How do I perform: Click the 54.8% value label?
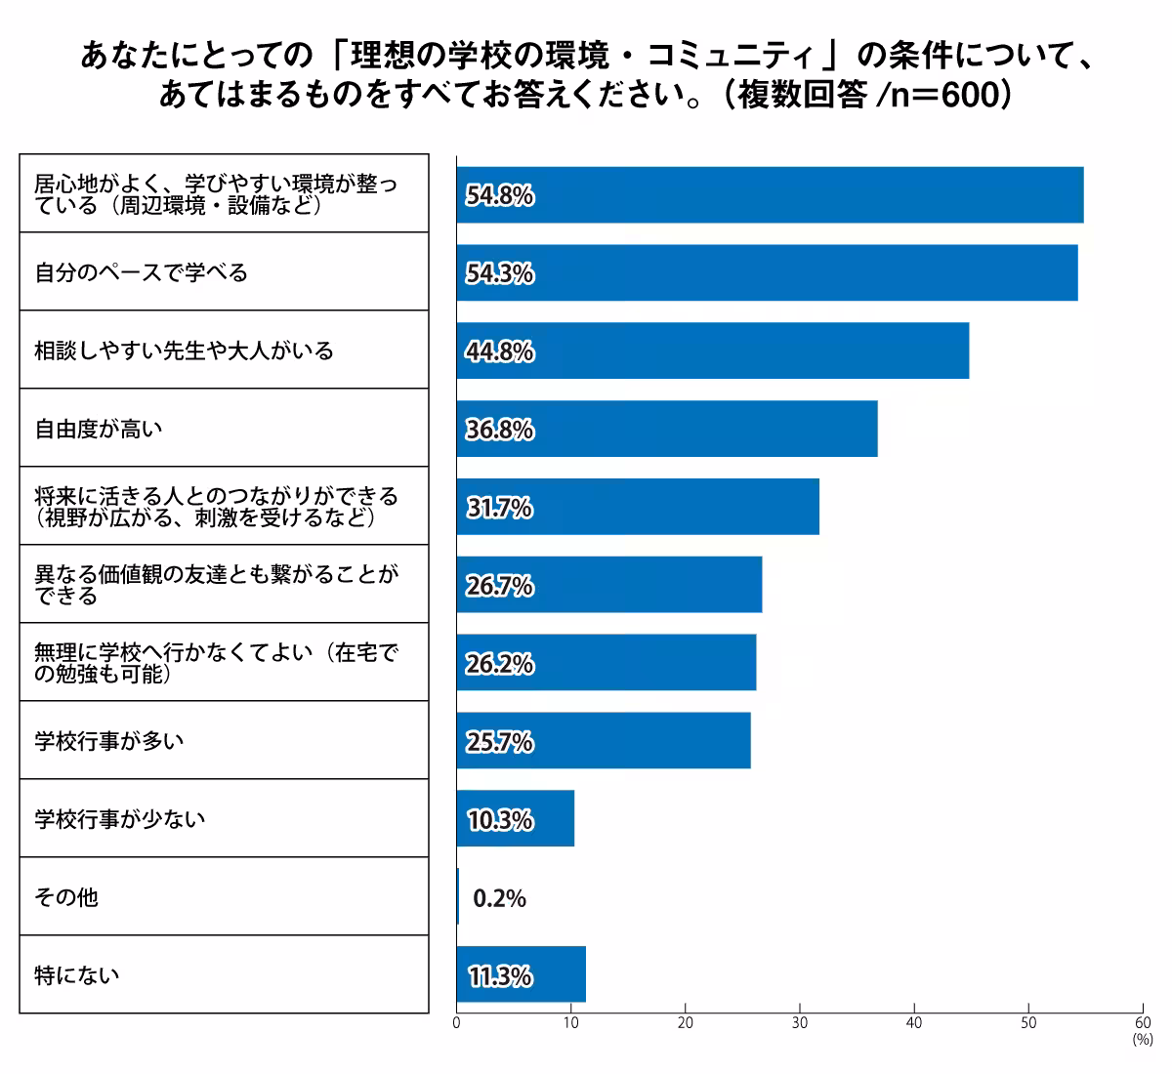500,196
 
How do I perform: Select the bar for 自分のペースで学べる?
767,273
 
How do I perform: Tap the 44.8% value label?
500,351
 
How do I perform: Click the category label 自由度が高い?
99,429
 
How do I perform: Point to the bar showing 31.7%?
637,507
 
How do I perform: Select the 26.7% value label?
500,586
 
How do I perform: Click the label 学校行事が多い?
109,741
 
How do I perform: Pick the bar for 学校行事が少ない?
515,819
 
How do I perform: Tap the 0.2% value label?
499,898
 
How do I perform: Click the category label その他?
66,897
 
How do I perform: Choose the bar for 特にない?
521,974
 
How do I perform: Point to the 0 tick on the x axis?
456,1023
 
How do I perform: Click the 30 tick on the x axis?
800,1023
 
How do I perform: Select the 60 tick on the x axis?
1143,1023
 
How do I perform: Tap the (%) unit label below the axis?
1142,1041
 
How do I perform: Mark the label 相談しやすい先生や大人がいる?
185,351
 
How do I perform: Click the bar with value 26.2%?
606,663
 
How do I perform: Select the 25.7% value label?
500,742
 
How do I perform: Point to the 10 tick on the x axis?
570,1023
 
